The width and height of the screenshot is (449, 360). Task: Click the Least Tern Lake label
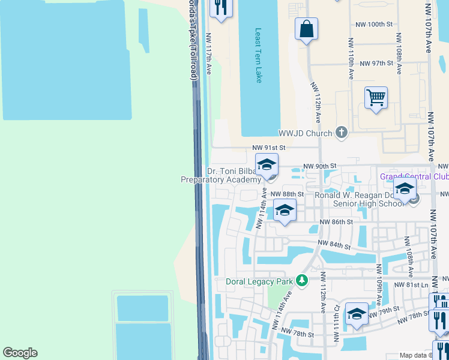(x=259, y=56)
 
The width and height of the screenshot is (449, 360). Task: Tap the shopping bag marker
(x=306, y=29)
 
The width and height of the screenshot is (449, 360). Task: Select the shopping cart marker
(x=376, y=98)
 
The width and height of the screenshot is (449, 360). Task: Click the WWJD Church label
(x=306, y=133)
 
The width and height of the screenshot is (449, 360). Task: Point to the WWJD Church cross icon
(x=342, y=132)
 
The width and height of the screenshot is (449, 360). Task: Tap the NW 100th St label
(x=373, y=25)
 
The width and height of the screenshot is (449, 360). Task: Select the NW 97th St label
(x=373, y=63)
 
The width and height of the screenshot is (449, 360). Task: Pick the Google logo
(x=20, y=353)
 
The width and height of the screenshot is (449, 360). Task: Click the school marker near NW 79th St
(x=357, y=316)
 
